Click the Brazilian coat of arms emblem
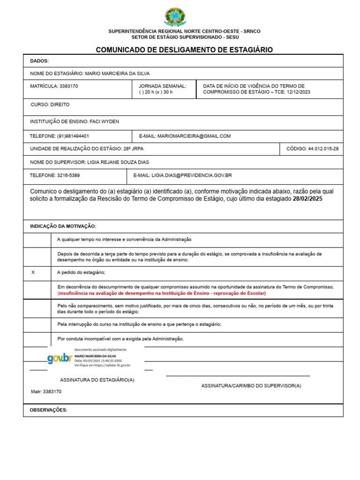point(175,17)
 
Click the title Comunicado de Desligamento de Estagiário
point(184,50)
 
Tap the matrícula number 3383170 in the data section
point(68,86)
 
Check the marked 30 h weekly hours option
point(162,92)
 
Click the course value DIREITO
point(60,105)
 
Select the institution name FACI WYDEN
point(104,122)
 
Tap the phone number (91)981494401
point(73,136)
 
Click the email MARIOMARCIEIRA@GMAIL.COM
point(194,136)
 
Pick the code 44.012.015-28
point(323,149)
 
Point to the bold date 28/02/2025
point(307,199)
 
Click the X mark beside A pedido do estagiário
point(33,272)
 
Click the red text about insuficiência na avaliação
point(161,293)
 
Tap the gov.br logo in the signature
point(60,359)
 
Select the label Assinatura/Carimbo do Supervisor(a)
point(251,385)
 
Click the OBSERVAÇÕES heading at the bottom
point(49,410)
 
